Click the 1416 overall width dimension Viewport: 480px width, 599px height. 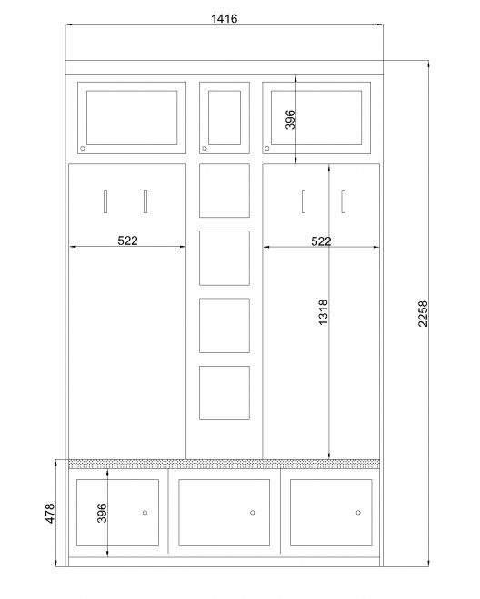point(225,18)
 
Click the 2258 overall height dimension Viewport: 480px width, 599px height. point(423,314)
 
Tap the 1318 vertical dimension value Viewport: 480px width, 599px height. point(324,312)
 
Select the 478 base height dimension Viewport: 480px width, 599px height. point(50,513)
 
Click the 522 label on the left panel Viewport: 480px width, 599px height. point(127,241)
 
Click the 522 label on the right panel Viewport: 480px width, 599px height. point(321,241)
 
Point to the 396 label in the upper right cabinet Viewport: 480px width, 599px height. point(290,120)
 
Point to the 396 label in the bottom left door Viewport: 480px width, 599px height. point(102,513)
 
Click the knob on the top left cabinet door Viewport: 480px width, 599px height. point(83,148)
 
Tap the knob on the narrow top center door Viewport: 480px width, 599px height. point(205,148)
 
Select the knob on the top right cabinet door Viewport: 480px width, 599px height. point(266,148)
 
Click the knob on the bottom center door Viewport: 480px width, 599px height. point(252,512)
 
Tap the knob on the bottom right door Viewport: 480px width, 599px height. point(358,512)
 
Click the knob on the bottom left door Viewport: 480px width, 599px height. point(145,512)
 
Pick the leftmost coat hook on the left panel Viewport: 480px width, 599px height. point(105,201)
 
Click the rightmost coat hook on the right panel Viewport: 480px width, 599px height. point(344,201)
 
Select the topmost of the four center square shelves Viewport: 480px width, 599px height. point(225,191)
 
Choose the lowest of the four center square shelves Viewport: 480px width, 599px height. point(225,393)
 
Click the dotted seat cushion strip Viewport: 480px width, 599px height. point(225,464)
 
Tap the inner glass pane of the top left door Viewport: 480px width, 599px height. point(132,118)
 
